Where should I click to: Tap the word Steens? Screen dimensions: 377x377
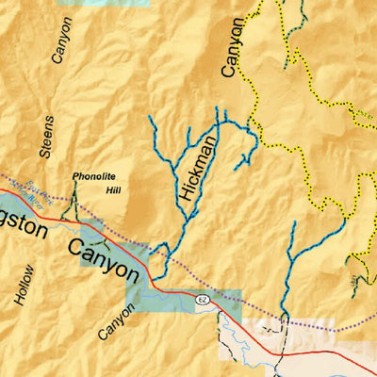pos(48,136)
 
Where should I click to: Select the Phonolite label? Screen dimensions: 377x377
pos(94,176)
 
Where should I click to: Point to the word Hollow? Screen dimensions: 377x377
pos(23,283)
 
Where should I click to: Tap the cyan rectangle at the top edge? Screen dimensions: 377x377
pos(104,3)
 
